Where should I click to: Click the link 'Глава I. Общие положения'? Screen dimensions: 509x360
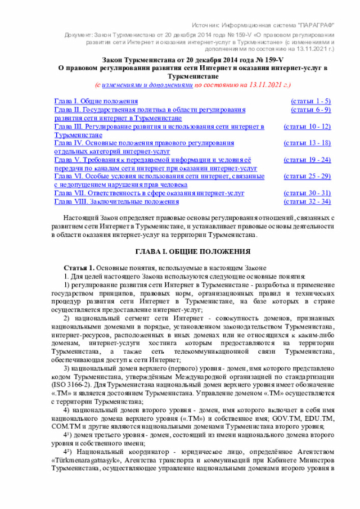[89, 101]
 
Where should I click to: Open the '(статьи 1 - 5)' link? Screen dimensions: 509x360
[310, 101]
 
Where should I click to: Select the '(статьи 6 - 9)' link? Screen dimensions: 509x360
[310, 110]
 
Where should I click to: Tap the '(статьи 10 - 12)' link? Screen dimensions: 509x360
[307, 127]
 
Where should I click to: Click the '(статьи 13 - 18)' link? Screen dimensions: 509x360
[307, 143]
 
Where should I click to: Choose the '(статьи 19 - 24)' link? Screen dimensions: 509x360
[307, 160]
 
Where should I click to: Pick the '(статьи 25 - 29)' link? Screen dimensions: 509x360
[307, 177]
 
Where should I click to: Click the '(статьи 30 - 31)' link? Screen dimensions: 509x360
[307, 193]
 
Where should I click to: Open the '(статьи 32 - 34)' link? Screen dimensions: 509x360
[307, 201]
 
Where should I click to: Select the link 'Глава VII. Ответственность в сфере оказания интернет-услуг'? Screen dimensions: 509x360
[149, 193]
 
